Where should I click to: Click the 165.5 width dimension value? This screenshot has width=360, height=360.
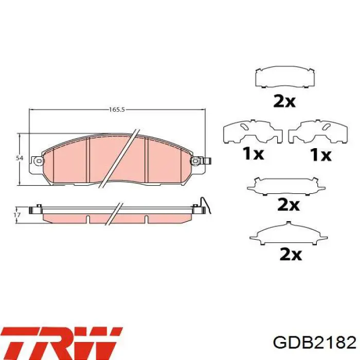pos(117,110)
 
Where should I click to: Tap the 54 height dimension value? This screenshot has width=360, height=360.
pos(20,158)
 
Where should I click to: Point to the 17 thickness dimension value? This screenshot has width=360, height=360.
pos(17,215)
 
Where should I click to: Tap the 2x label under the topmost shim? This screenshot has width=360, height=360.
pos(284,102)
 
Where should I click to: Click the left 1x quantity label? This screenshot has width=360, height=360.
pos(254,154)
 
